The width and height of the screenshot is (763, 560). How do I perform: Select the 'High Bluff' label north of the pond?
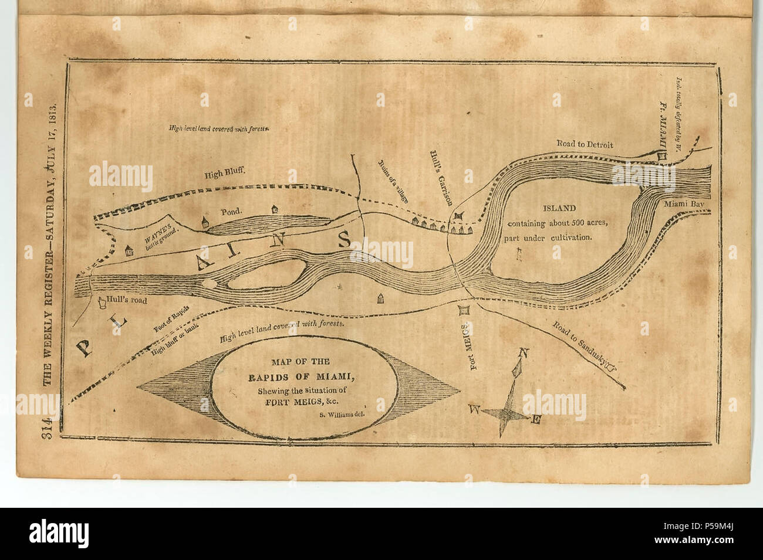click(x=224, y=174)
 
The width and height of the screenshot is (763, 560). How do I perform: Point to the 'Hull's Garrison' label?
click(x=441, y=177)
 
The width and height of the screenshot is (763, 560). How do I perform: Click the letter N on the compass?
click(x=524, y=353)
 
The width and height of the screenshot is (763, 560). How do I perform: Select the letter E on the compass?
click(x=536, y=420)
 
